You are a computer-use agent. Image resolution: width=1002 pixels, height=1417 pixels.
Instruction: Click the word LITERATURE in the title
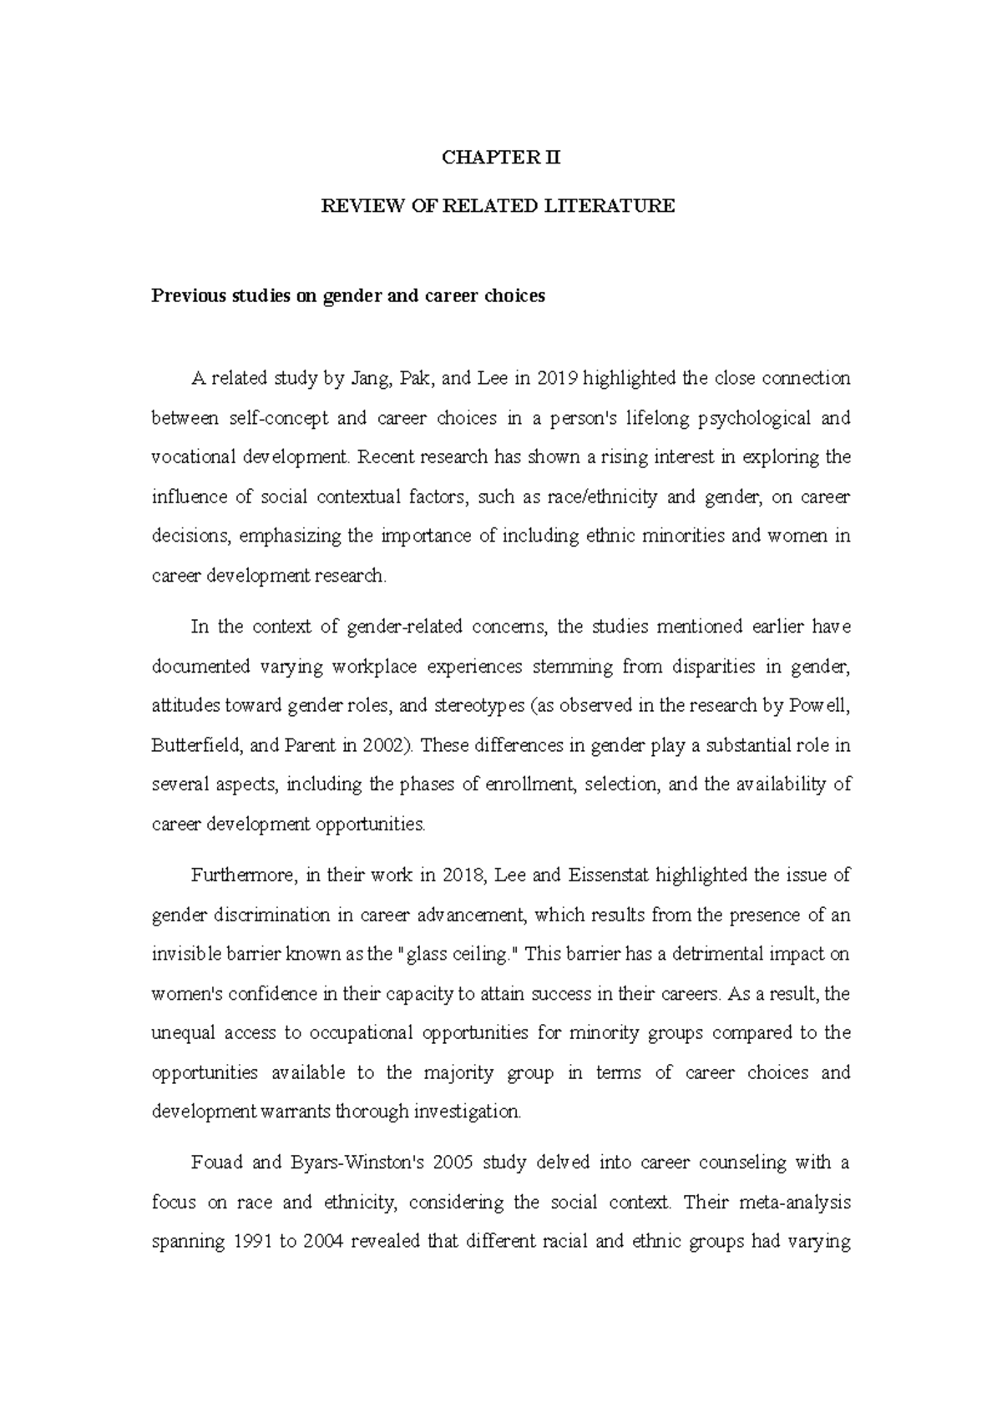coord(610,206)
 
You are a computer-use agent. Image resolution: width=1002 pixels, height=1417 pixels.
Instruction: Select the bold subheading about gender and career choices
coord(347,296)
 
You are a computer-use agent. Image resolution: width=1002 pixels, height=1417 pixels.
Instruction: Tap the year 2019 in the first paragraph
coord(557,379)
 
